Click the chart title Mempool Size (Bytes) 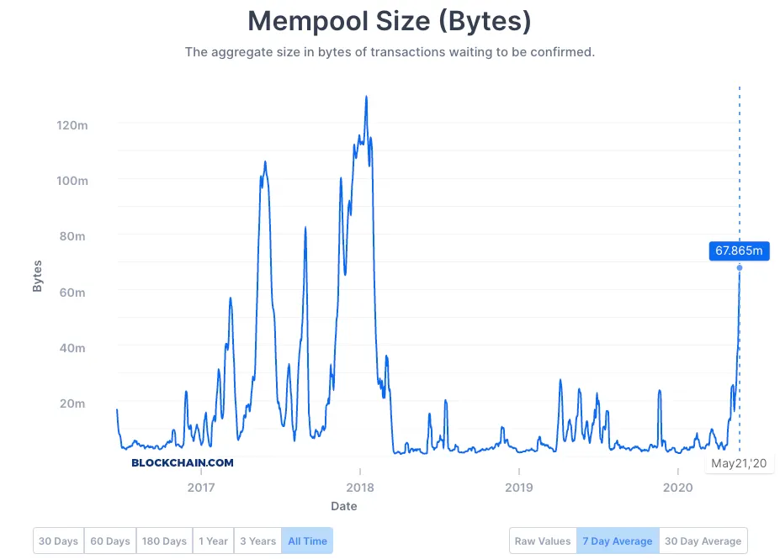390,21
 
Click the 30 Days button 59,541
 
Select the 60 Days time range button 111,541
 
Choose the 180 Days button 164,541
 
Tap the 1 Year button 213,541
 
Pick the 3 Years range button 257,541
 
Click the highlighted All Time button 307,541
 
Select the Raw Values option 543,541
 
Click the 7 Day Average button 618,541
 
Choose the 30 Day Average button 703,541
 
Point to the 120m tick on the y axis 72,124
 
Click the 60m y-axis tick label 72,292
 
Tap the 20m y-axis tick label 72,403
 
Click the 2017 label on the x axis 201,488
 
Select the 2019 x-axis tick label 519,488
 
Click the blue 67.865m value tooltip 739,250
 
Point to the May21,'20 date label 739,463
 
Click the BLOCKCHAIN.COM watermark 183,462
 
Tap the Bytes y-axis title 37,277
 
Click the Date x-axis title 343,506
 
